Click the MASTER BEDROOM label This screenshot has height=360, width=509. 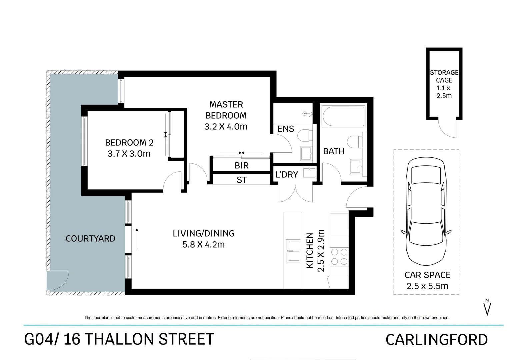226,110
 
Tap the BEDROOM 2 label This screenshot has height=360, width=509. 129,143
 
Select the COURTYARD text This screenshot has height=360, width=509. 90,239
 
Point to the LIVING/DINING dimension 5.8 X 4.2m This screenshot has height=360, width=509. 203,245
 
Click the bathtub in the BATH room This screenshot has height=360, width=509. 343,116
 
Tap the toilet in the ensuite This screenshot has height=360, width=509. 304,136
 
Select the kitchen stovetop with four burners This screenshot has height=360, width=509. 339,257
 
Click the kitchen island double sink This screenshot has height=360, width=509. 292,250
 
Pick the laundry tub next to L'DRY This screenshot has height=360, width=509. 309,173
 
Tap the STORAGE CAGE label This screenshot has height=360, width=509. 444,76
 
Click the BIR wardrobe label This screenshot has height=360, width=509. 241,166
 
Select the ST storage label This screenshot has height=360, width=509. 241,180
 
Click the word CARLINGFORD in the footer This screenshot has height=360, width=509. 436,340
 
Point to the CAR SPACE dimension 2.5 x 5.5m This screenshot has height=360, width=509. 427,286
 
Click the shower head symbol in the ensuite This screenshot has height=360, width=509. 307,114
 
